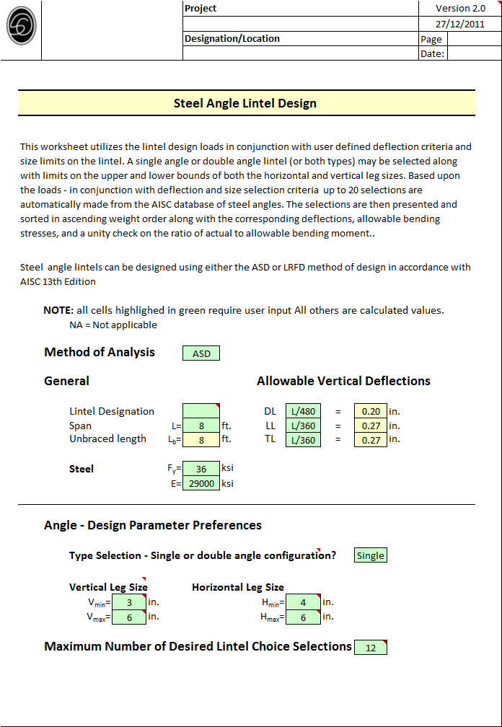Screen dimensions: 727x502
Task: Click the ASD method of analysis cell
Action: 201,353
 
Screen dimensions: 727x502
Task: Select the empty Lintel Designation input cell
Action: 201,411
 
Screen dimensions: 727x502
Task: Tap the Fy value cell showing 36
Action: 201,469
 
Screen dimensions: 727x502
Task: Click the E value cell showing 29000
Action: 201,483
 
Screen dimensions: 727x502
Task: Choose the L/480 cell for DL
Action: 303,411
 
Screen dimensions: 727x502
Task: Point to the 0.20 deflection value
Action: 371,411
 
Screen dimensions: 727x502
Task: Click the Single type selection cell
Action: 371,555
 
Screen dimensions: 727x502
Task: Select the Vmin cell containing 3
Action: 129,602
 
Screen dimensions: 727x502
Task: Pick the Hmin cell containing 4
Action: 303,602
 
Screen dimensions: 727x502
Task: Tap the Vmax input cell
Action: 129,617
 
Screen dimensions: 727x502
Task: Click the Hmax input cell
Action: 303,617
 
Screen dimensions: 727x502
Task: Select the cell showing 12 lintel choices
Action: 371,648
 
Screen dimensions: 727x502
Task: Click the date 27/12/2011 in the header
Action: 460,23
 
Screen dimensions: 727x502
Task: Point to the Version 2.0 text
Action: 460,8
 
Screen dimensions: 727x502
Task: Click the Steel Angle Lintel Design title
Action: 245,103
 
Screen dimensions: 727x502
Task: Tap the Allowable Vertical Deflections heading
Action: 343,381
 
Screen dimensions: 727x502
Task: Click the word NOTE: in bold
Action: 58,310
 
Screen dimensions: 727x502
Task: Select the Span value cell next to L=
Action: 201,426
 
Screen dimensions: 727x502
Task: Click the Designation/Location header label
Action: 232,38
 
